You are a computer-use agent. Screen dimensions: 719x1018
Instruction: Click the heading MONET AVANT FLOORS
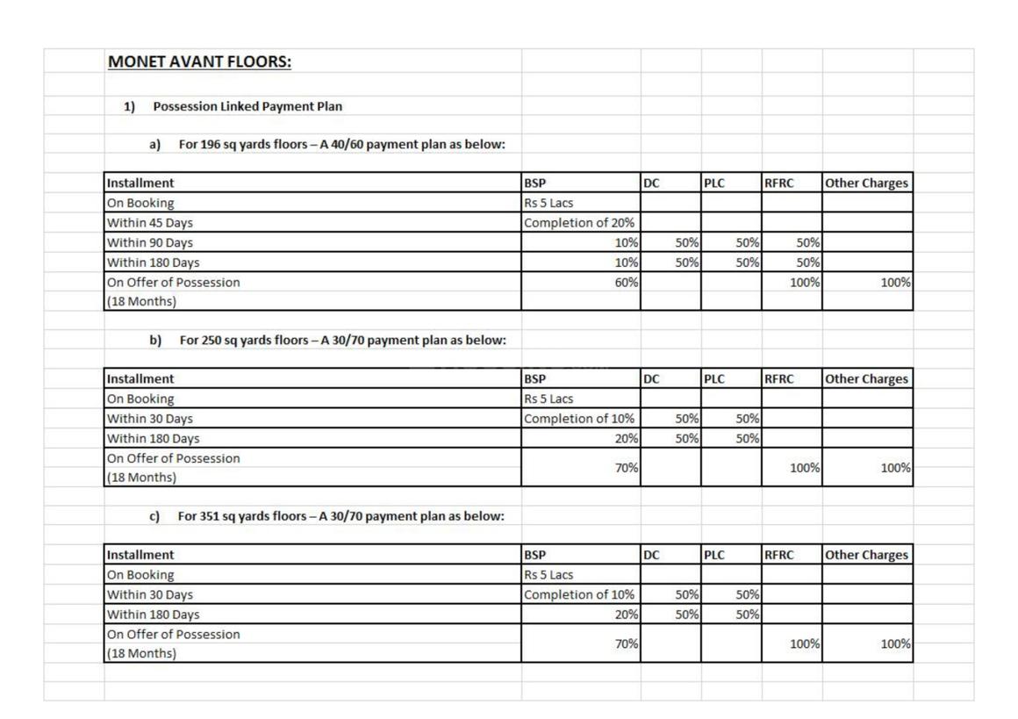199,62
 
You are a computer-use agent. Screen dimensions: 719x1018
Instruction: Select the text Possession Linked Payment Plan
247,106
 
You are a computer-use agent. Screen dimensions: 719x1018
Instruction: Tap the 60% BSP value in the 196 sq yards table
626,283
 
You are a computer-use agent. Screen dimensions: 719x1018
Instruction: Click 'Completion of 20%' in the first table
579,223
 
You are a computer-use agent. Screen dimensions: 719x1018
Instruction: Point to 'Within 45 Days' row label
150,223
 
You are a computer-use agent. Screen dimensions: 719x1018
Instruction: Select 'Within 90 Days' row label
150,242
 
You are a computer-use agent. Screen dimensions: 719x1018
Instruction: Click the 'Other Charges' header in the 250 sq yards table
866,379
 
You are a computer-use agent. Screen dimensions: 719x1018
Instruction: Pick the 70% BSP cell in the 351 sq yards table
626,644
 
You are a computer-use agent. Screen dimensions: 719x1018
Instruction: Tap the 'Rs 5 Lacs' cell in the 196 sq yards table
548,203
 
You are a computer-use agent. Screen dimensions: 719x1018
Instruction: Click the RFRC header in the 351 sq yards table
779,555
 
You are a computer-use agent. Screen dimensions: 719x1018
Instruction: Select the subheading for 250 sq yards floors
342,340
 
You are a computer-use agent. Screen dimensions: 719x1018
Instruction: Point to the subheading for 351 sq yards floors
341,516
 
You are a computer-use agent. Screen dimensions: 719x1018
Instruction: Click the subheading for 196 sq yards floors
341,144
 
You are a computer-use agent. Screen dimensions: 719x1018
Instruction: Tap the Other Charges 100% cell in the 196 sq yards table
895,283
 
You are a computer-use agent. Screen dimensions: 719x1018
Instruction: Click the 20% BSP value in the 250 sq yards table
626,439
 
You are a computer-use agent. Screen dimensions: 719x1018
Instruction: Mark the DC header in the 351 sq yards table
651,555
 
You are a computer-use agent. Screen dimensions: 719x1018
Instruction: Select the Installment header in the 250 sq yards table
140,379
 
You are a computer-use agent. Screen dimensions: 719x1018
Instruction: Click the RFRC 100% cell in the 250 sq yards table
805,468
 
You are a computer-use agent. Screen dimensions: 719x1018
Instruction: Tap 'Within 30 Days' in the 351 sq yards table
150,594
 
